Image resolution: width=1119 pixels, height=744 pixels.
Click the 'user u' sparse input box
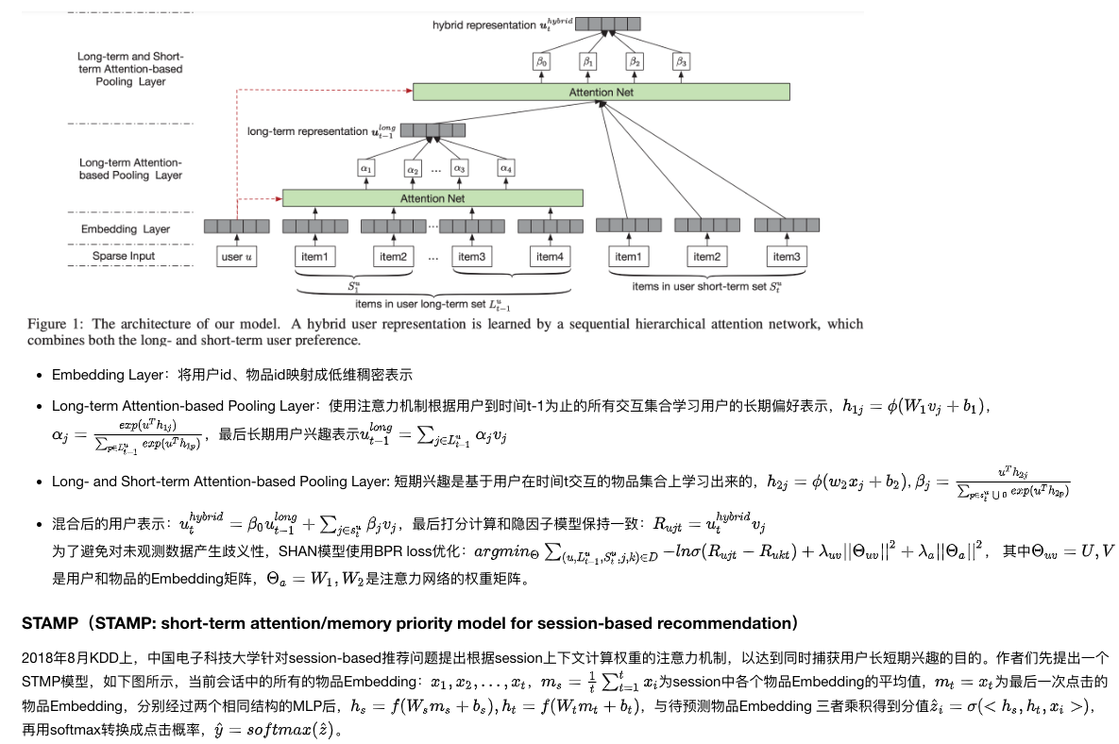point(236,257)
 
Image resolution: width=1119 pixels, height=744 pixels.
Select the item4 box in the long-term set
point(549,257)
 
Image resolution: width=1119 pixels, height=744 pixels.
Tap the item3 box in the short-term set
point(786,257)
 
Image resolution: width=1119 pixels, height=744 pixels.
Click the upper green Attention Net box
point(601,92)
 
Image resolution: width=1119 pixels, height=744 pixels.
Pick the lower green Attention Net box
point(432,198)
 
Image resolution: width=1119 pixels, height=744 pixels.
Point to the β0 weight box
point(541,61)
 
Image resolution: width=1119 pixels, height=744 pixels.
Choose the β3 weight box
point(681,61)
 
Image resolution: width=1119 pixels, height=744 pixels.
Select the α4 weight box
point(506,169)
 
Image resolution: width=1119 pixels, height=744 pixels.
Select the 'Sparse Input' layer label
point(124,256)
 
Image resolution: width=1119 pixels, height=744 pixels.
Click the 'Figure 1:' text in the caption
point(58,324)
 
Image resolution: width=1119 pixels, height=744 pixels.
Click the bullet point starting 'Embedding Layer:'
point(231,375)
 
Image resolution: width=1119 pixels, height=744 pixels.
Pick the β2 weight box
point(635,61)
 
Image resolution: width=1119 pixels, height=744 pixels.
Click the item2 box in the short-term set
point(706,257)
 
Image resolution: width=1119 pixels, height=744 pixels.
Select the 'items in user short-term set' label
point(706,286)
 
